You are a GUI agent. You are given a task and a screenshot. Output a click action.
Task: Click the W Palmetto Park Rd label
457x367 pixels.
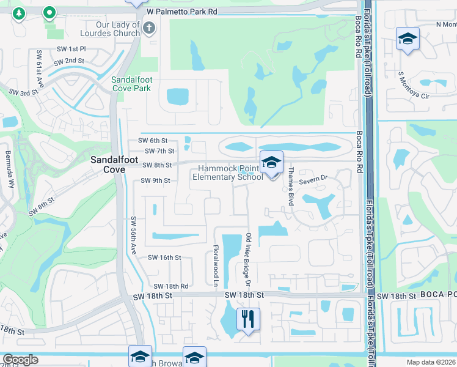[182, 12]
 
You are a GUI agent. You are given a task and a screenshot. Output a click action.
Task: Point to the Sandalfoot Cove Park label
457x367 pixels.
[131, 84]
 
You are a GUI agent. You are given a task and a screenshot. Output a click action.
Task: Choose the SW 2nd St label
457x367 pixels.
[68, 61]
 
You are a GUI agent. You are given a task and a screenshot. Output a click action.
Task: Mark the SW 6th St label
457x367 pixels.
[153, 140]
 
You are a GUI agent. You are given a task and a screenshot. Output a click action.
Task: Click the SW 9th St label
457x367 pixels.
[155, 180]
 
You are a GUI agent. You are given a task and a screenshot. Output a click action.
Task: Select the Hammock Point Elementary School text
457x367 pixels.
[227, 173]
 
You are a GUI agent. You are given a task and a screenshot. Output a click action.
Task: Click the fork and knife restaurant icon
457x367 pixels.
[248, 319]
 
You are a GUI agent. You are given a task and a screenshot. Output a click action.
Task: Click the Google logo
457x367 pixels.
[20, 360]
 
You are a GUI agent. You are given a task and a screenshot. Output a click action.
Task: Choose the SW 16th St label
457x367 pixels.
[164, 258]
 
